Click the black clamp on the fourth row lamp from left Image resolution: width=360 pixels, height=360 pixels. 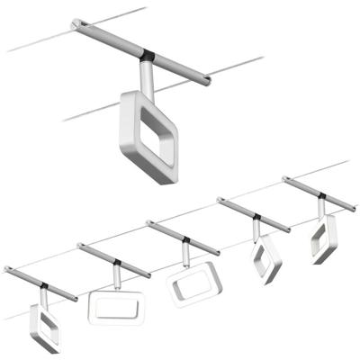[257, 218]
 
